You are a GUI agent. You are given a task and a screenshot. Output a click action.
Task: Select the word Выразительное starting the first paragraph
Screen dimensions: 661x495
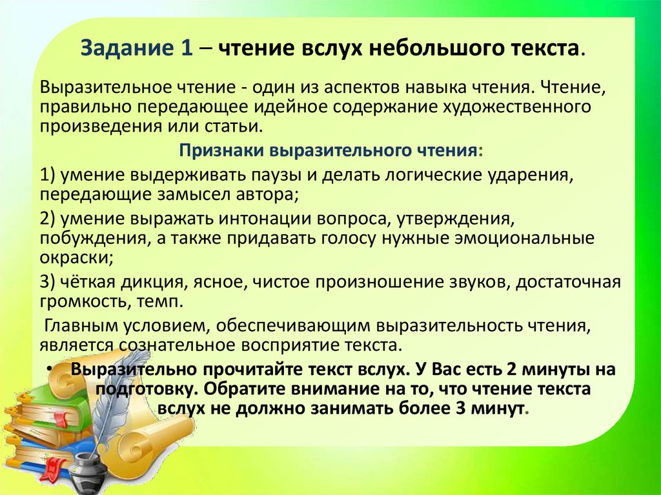[103, 88]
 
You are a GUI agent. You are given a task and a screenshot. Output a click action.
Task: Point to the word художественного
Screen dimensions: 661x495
[516, 107]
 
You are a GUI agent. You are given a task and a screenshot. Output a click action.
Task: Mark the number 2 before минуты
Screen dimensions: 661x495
[512, 369]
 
